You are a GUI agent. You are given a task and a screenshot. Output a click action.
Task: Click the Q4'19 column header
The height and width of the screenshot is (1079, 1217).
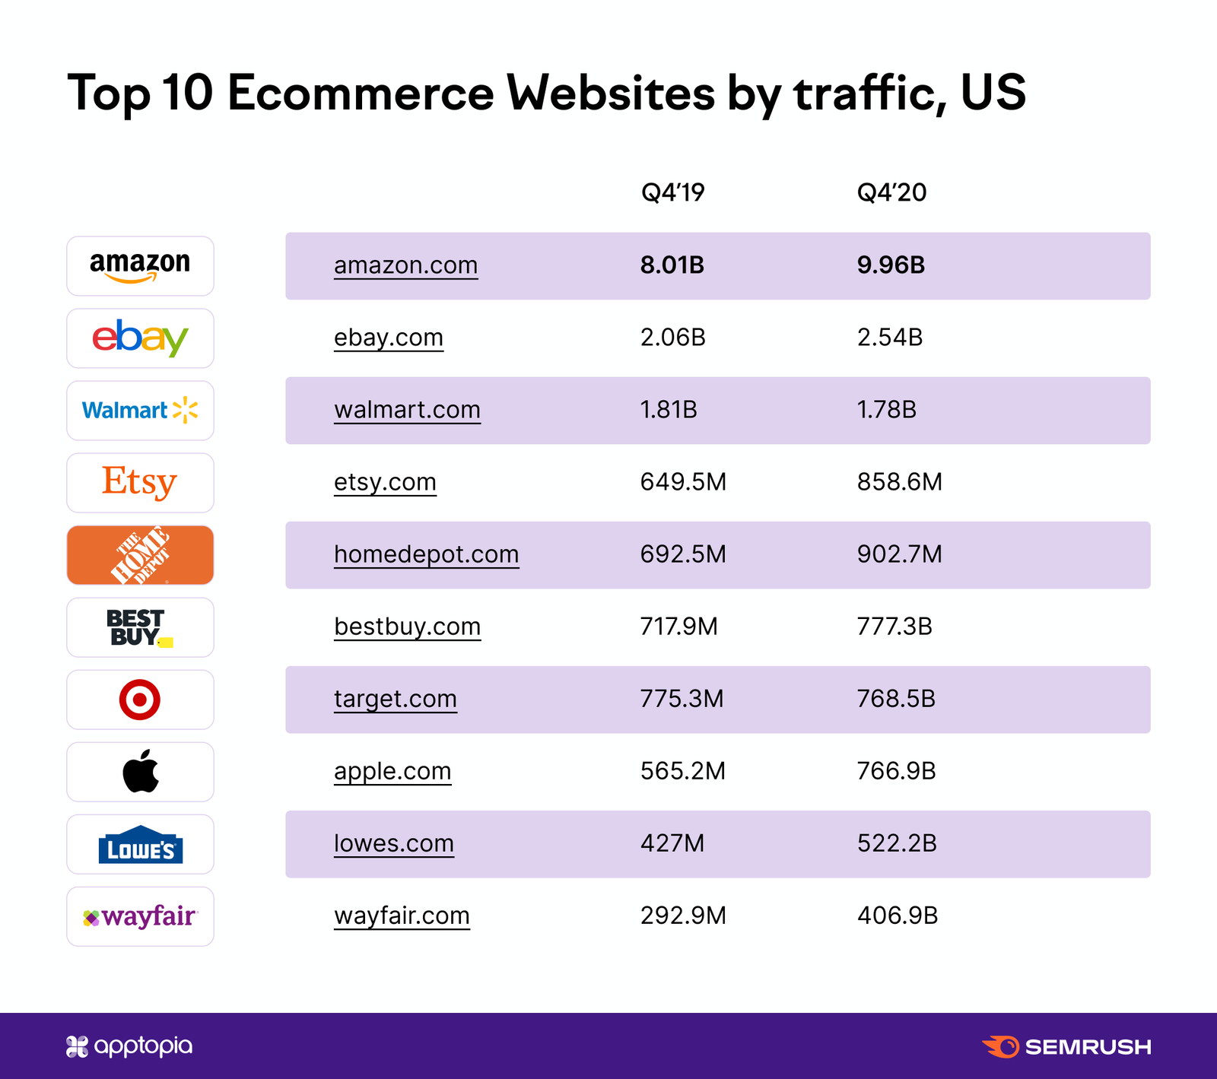point(672,192)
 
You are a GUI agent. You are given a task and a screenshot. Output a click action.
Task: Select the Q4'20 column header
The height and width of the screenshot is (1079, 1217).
point(891,192)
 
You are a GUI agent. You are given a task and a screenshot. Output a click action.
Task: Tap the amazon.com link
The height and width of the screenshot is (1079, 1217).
point(405,265)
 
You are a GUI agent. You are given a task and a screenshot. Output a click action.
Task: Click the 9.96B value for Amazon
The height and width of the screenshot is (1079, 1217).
point(891,265)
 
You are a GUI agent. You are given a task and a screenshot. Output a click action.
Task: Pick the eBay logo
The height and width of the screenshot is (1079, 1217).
point(140,338)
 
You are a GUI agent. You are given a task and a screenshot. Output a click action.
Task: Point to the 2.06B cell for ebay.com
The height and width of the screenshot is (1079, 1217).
point(672,338)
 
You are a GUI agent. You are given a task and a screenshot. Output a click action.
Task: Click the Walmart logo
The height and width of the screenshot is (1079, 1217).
point(140,411)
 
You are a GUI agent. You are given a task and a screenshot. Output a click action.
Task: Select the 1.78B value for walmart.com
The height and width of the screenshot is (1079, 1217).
point(886,410)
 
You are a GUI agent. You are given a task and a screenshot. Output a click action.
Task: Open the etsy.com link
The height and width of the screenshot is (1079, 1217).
point(385,482)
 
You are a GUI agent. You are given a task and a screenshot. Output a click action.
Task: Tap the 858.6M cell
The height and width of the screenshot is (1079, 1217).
point(899,482)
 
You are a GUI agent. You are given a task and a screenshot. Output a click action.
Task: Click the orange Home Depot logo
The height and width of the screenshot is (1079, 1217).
point(140,555)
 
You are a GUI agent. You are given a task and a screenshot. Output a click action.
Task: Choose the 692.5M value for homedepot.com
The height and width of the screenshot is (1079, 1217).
point(683,554)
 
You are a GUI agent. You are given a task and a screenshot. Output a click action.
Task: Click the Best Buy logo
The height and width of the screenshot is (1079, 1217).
point(140,627)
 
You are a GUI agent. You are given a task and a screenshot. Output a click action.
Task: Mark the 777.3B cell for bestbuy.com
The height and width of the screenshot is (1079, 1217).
point(894,627)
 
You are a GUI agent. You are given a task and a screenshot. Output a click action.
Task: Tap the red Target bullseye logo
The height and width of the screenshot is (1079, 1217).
point(140,700)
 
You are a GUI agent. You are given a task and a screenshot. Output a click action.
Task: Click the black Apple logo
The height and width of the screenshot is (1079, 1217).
point(141,771)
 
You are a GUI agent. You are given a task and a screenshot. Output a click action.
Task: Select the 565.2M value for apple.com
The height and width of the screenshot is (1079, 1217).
point(682,771)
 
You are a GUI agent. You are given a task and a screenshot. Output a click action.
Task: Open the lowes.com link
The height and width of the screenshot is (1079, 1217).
point(393,843)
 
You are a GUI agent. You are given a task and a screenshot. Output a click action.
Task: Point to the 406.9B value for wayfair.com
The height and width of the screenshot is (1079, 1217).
point(897,916)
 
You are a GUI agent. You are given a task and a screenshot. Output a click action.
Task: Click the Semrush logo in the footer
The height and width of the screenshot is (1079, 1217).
point(1066,1047)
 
